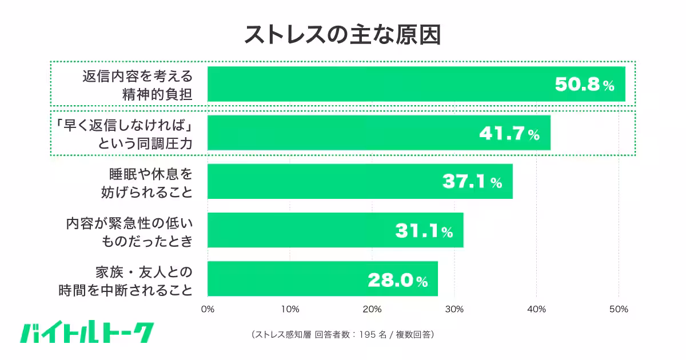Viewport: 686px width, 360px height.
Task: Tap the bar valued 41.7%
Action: [x=343, y=133]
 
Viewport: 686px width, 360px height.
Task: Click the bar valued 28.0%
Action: [x=286, y=279]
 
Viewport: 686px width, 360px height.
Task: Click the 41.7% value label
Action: [x=509, y=134]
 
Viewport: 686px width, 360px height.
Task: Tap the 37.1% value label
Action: [x=472, y=182]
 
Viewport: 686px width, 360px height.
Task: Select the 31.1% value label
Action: [x=424, y=231]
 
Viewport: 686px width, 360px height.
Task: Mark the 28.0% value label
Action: [x=397, y=280]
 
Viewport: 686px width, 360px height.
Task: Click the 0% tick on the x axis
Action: [x=208, y=309]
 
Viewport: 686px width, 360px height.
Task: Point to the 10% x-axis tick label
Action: [x=290, y=309]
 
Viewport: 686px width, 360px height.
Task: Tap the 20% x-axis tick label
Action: [x=372, y=309]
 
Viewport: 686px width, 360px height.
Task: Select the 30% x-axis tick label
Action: [x=454, y=309]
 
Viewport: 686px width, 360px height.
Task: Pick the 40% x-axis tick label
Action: [x=537, y=309]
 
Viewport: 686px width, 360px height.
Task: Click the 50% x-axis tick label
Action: [x=619, y=309]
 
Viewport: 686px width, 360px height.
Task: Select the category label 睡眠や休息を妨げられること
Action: [x=150, y=182]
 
